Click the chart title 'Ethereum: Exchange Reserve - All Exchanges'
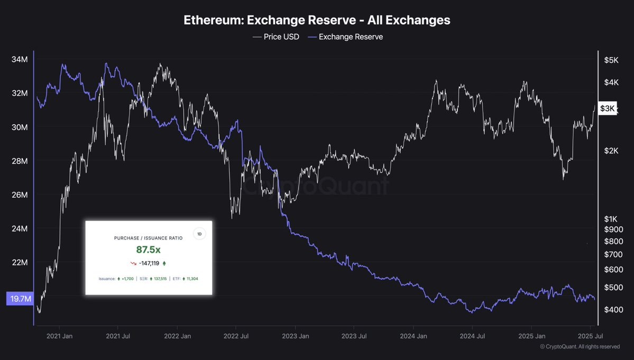point(317,20)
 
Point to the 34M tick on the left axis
point(20,59)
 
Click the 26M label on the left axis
point(20,195)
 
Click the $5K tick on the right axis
point(611,60)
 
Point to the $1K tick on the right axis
point(611,219)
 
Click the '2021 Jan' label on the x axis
point(60,336)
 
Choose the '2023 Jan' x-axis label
point(296,336)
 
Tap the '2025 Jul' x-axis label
point(591,336)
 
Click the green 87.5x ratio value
point(148,250)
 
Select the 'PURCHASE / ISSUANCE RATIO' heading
point(148,238)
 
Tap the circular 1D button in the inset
point(199,234)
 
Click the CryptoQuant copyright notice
point(580,347)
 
